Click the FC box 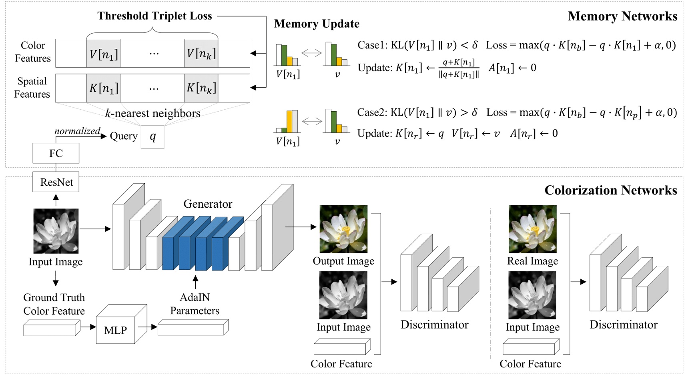(56, 153)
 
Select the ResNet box (56, 182)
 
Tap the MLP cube (116, 330)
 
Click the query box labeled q (152, 137)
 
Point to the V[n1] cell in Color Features (103, 54)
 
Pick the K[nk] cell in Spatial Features (201, 88)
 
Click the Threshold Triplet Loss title (154, 16)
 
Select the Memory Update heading (317, 24)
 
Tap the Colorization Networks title (610, 190)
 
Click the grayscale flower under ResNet (56, 231)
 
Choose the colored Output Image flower (343, 229)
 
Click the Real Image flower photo (532, 229)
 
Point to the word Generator (208, 204)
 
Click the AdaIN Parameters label (195, 304)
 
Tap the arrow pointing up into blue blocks (195, 282)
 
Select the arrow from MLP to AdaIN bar (148, 327)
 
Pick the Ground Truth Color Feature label (54, 304)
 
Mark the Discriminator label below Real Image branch (623, 325)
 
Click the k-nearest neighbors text (152, 114)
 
